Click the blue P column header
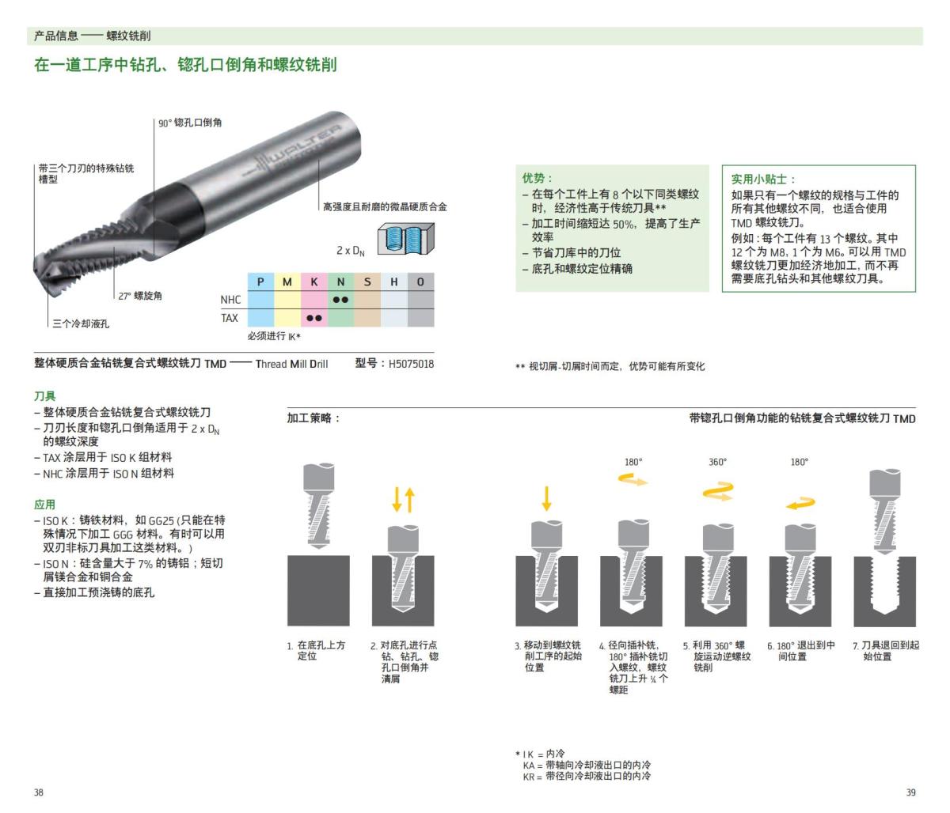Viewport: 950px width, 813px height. point(260,282)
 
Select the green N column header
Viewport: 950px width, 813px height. point(340,282)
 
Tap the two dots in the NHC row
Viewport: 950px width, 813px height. point(340,300)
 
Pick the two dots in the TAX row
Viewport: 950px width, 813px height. point(313,318)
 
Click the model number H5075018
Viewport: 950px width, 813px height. point(411,364)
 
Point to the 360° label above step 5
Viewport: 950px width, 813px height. point(717,462)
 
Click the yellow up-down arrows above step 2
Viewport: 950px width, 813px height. point(404,500)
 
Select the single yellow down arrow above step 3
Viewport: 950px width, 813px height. point(546,499)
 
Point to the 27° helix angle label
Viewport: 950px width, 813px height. point(140,296)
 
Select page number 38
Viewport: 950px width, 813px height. point(39,792)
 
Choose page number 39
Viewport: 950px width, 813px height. point(910,792)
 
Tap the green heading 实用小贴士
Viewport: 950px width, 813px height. point(763,180)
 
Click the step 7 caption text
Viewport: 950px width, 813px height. point(886,651)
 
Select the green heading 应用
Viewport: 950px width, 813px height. point(44,505)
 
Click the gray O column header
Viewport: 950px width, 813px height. point(420,282)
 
